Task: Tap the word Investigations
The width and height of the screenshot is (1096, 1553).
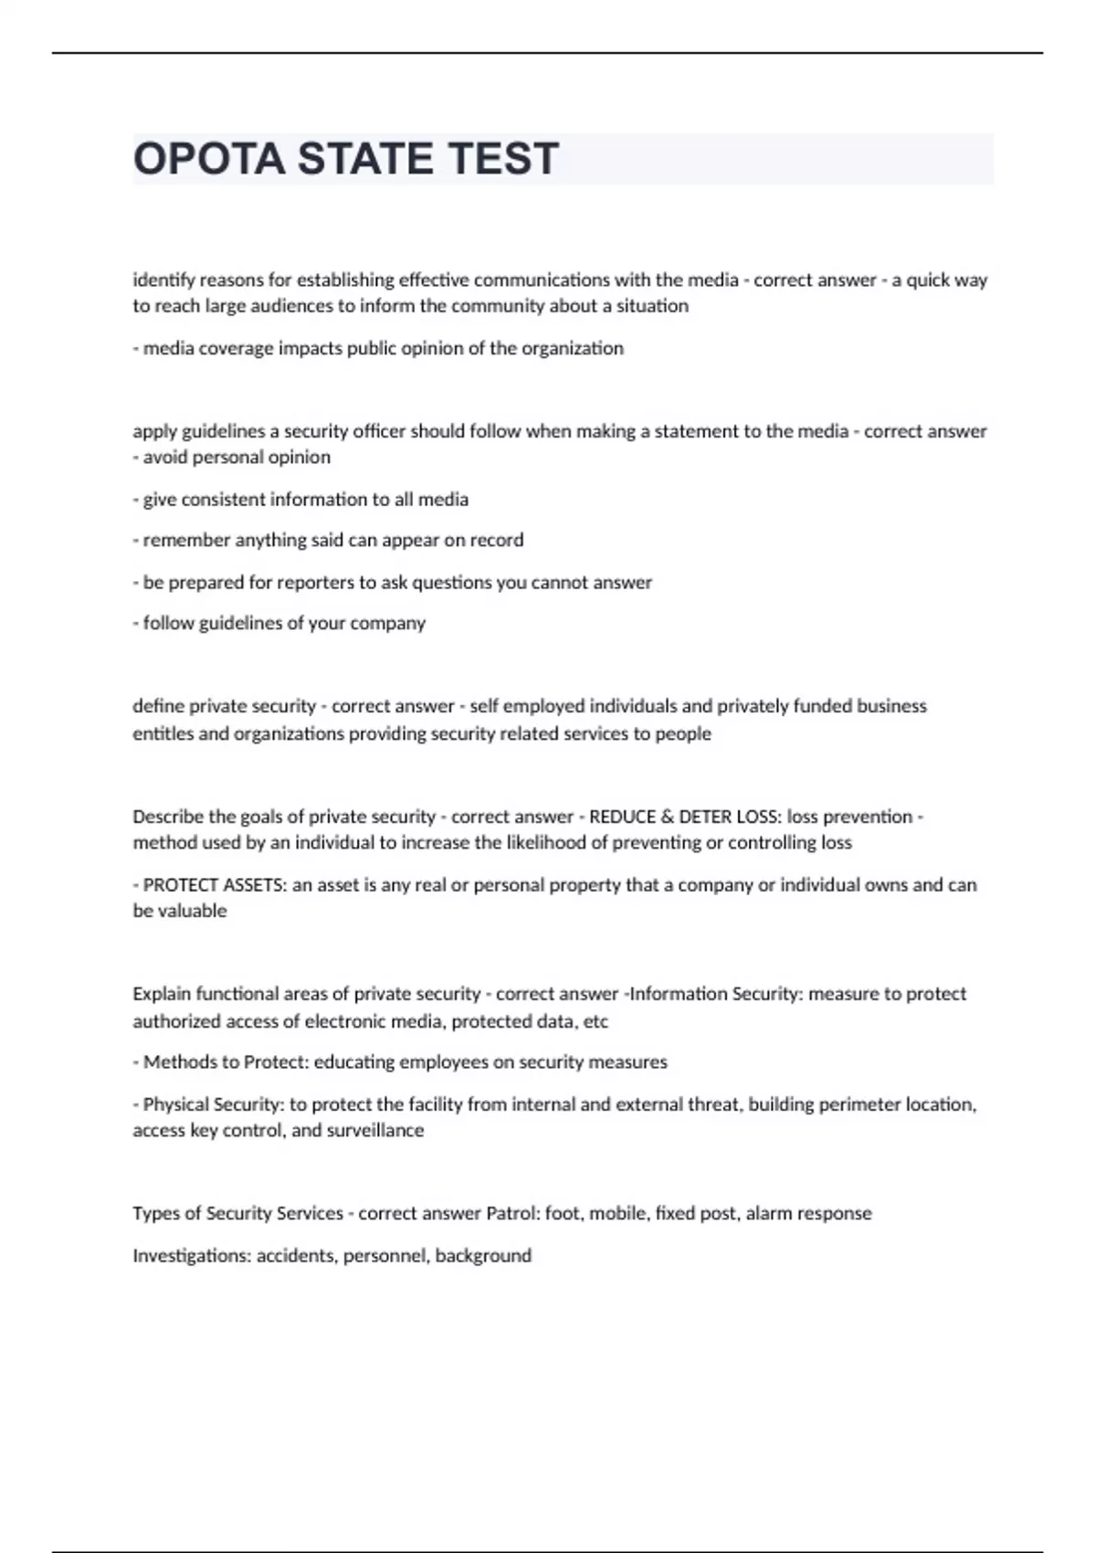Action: tap(190, 1255)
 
